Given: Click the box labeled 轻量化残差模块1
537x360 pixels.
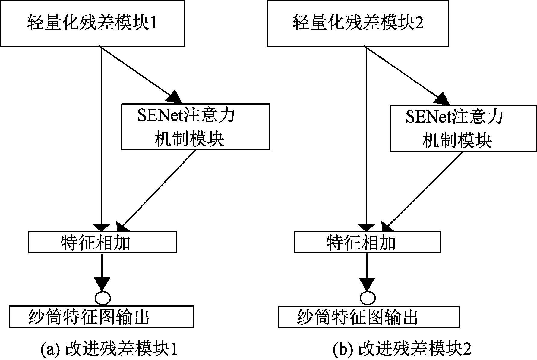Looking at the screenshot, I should pyautogui.click(x=92, y=23).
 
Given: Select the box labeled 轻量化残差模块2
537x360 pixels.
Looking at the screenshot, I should pyautogui.click(x=358, y=23).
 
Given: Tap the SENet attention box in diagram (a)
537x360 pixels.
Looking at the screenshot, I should pyautogui.click(x=196, y=127).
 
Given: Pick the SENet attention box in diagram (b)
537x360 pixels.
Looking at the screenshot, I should pyautogui.click(x=463, y=128).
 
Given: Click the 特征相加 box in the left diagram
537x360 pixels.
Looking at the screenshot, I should pyautogui.click(x=103, y=242).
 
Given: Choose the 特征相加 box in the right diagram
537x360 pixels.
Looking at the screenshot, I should pyautogui.click(x=368, y=242).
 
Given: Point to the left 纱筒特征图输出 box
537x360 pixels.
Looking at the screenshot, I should pyautogui.click(x=101, y=317).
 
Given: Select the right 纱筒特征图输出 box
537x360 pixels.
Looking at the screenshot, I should pyautogui.click(x=369, y=317).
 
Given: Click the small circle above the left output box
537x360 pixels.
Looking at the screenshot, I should pyautogui.click(x=103, y=298).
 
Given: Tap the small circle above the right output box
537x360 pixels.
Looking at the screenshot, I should pyautogui.click(x=368, y=298).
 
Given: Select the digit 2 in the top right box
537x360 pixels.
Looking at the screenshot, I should pyautogui.click(x=419, y=23).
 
